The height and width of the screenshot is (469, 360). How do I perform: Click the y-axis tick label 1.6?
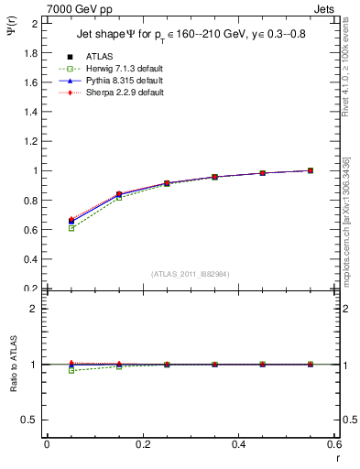click(30, 82)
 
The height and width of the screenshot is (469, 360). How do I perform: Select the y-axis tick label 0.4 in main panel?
click(30, 259)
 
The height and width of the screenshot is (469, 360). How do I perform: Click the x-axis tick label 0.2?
click(142, 444)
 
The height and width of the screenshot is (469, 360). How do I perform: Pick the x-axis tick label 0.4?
click(238, 444)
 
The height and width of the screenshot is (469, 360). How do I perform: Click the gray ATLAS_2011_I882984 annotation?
click(191, 274)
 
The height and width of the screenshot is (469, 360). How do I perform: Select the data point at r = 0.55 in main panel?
click(311, 170)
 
